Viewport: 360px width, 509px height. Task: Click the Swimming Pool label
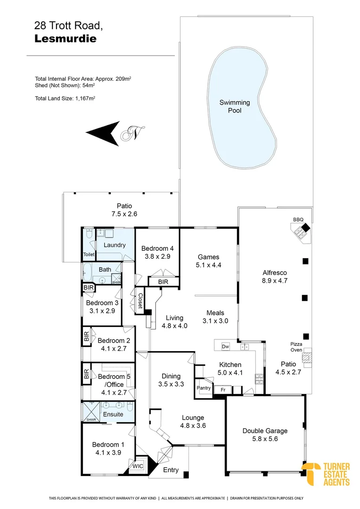(x=235, y=107)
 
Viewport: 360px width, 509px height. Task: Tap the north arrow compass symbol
(x=115, y=133)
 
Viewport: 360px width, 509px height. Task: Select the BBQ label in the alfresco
(x=298, y=220)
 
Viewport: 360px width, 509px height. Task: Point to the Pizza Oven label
(x=296, y=347)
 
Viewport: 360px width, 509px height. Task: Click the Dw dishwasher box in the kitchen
(x=225, y=346)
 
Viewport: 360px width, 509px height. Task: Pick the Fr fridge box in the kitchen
(x=223, y=390)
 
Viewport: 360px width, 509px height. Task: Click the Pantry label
(x=204, y=388)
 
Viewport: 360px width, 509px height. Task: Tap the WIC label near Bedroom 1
(x=138, y=466)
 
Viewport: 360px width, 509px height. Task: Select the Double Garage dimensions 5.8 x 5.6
(x=264, y=439)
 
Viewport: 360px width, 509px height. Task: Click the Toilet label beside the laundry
(x=89, y=254)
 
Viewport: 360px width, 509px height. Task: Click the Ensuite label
(x=113, y=414)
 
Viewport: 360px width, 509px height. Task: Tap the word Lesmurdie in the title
(x=65, y=39)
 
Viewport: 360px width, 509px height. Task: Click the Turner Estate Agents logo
(x=326, y=474)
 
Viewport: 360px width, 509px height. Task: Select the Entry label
(x=171, y=470)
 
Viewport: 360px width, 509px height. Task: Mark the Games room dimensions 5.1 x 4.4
(x=209, y=265)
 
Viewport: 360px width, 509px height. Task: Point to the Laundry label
(x=115, y=245)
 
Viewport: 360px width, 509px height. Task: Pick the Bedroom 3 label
(x=102, y=303)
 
